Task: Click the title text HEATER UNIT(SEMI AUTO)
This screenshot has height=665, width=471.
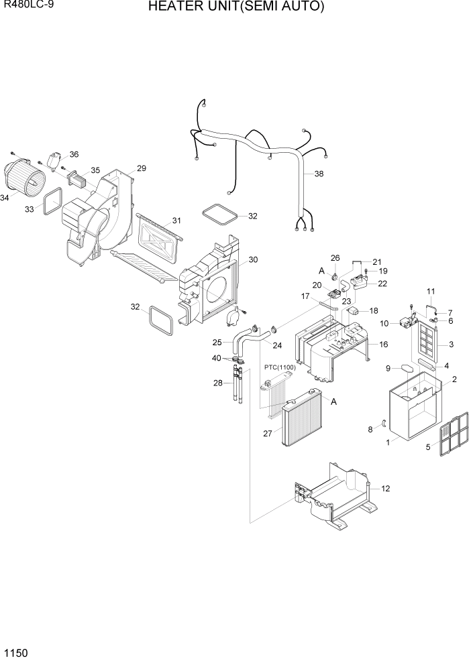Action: click(x=236, y=7)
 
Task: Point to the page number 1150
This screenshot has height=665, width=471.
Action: click(x=15, y=652)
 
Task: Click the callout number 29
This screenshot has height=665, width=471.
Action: click(x=141, y=168)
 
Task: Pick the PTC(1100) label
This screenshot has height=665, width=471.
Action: click(x=280, y=367)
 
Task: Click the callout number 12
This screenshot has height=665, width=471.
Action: click(x=385, y=488)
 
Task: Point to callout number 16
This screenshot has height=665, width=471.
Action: click(x=384, y=344)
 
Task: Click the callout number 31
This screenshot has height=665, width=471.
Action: click(x=176, y=221)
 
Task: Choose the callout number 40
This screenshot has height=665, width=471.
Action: click(x=216, y=358)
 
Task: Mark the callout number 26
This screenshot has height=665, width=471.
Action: click(x=335, y=257)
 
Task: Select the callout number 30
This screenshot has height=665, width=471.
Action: click(x=253, y=259)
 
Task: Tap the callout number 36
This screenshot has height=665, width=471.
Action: click(x=74, y=154)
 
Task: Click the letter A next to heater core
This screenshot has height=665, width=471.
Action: click(x=333, y=401)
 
